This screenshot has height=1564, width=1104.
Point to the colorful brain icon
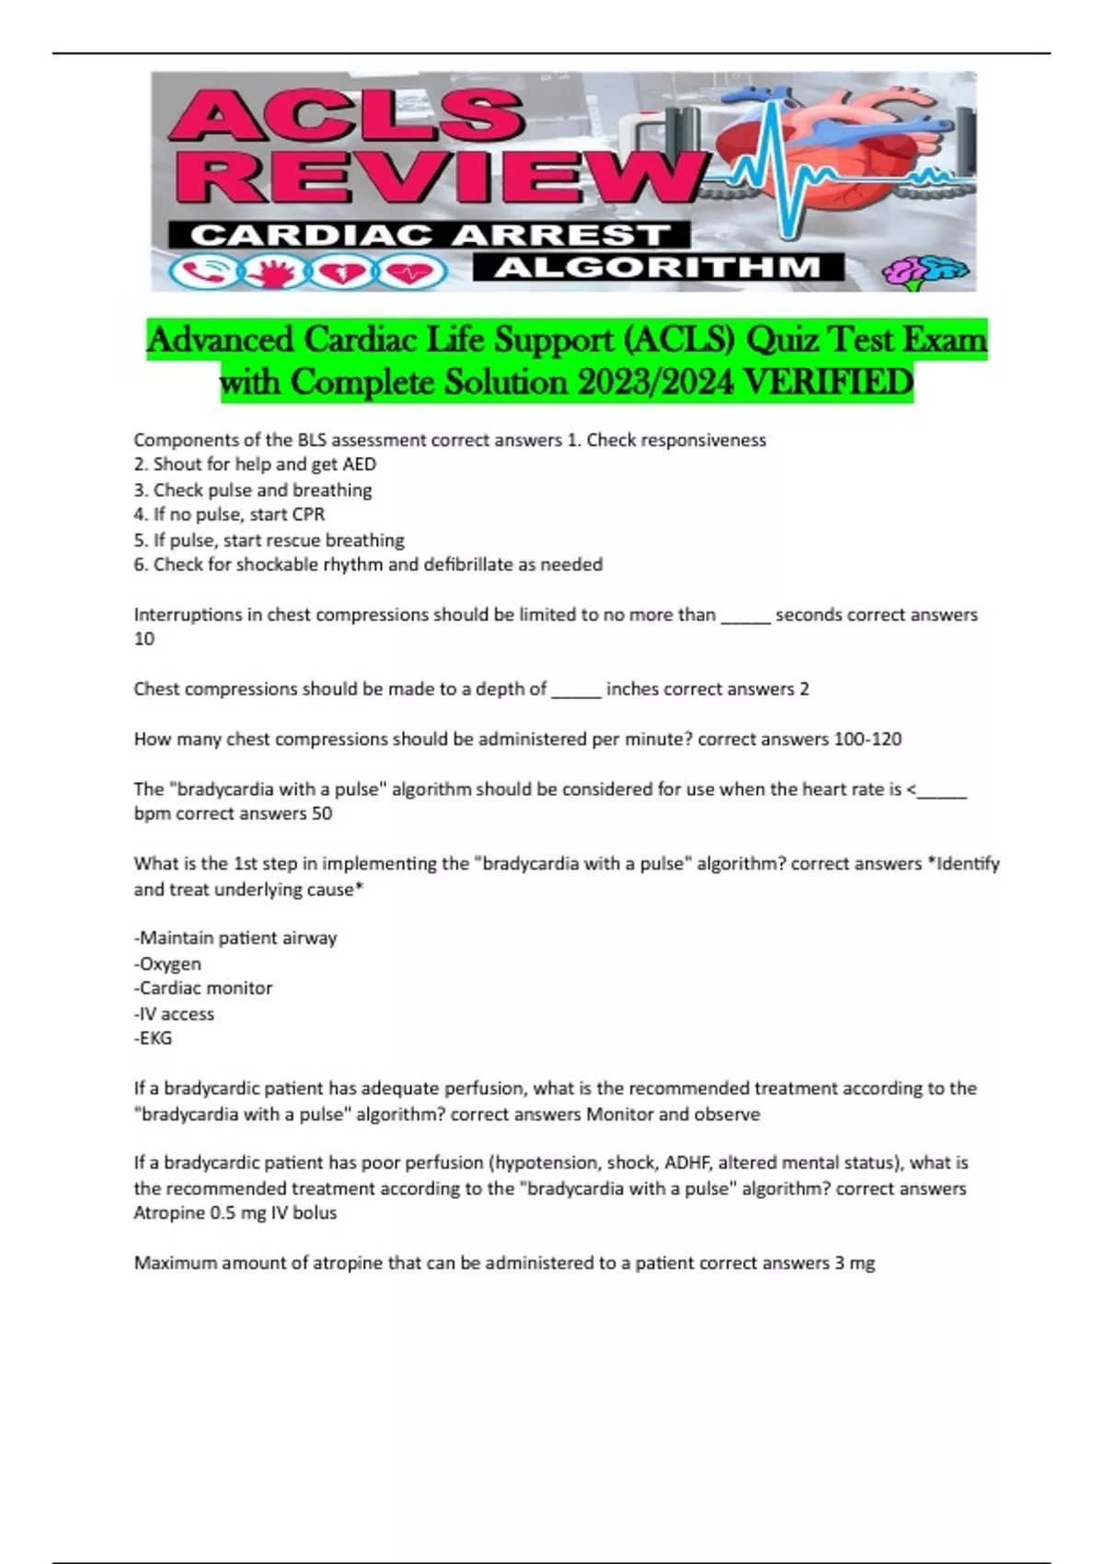[924, 271]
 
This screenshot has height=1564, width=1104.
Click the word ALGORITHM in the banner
[658, 268]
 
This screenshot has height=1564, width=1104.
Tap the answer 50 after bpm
[321, 813]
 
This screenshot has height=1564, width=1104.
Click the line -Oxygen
[168, 963]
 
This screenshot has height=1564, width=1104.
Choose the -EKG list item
[154, 1038]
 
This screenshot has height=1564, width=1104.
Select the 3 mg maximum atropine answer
[855, 1263]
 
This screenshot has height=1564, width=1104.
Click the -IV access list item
[175, 1014]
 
